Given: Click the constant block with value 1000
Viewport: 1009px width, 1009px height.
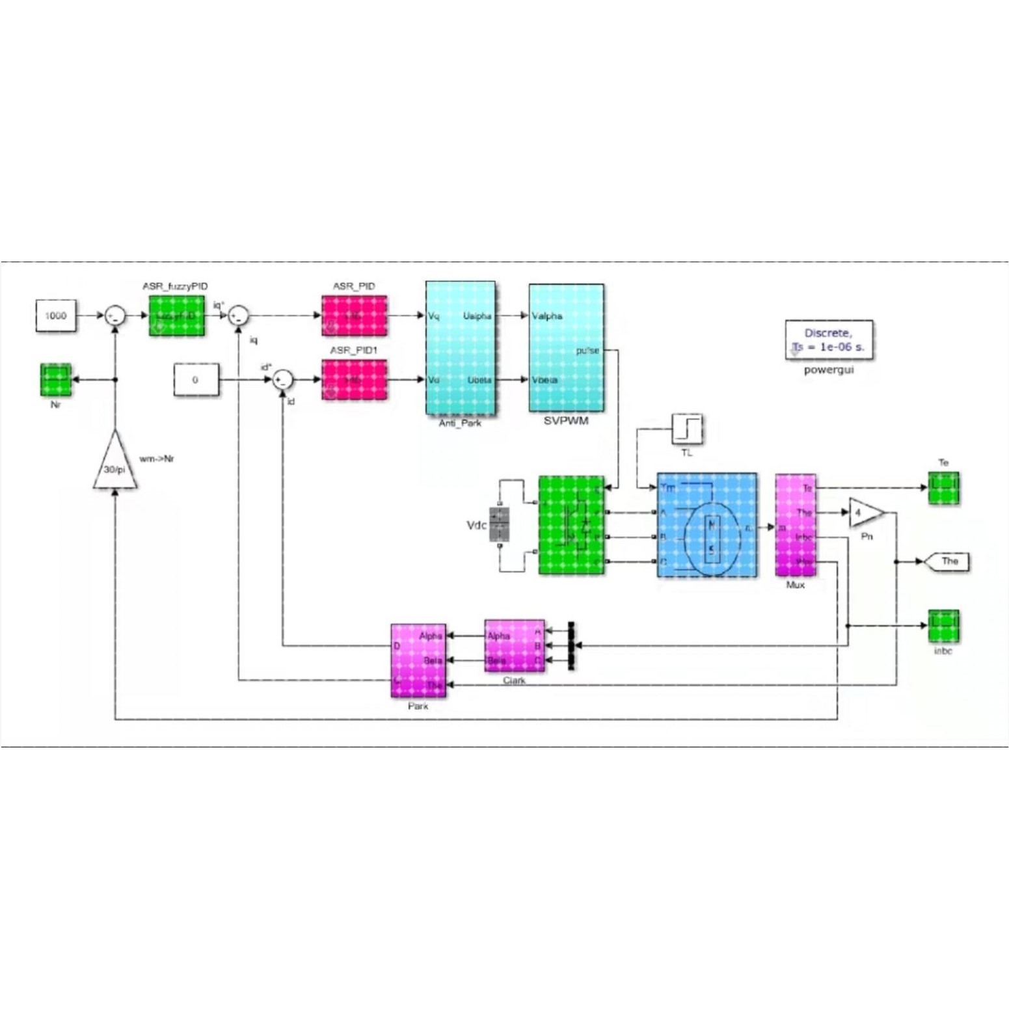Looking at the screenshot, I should point(56,316).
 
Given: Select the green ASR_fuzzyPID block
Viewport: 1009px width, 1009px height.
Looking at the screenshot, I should point(176,316).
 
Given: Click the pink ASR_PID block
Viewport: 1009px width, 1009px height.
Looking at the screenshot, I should point(354,316).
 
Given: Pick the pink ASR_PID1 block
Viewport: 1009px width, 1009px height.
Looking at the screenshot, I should point(354,380).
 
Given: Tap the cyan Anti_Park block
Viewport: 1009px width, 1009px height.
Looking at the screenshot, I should point(460,348).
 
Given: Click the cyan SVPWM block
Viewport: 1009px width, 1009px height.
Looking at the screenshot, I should point(566,348).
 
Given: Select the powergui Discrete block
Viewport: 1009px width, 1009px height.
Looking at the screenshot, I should point(828,340).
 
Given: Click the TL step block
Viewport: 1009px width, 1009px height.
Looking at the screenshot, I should point(687,429).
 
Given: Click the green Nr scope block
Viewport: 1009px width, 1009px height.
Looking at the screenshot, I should point(56,380).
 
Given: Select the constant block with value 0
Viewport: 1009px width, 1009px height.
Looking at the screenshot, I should point(196,380).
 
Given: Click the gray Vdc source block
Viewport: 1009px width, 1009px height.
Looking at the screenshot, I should point(499,525).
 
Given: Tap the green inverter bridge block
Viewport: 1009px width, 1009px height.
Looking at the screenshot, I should point(571,525).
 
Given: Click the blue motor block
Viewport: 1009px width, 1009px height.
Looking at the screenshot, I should point(706,525).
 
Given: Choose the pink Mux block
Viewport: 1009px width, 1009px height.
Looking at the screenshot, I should point(795,525).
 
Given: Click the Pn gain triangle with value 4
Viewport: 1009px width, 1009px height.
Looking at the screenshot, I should point(864,513).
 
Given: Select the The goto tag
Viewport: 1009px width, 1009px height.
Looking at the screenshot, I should point(948,561).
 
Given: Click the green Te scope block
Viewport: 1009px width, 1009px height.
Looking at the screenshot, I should point(943,488).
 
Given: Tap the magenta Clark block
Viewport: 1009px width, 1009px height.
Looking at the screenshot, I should point(514,646).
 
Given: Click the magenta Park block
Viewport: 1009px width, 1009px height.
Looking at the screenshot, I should point(418,660).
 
